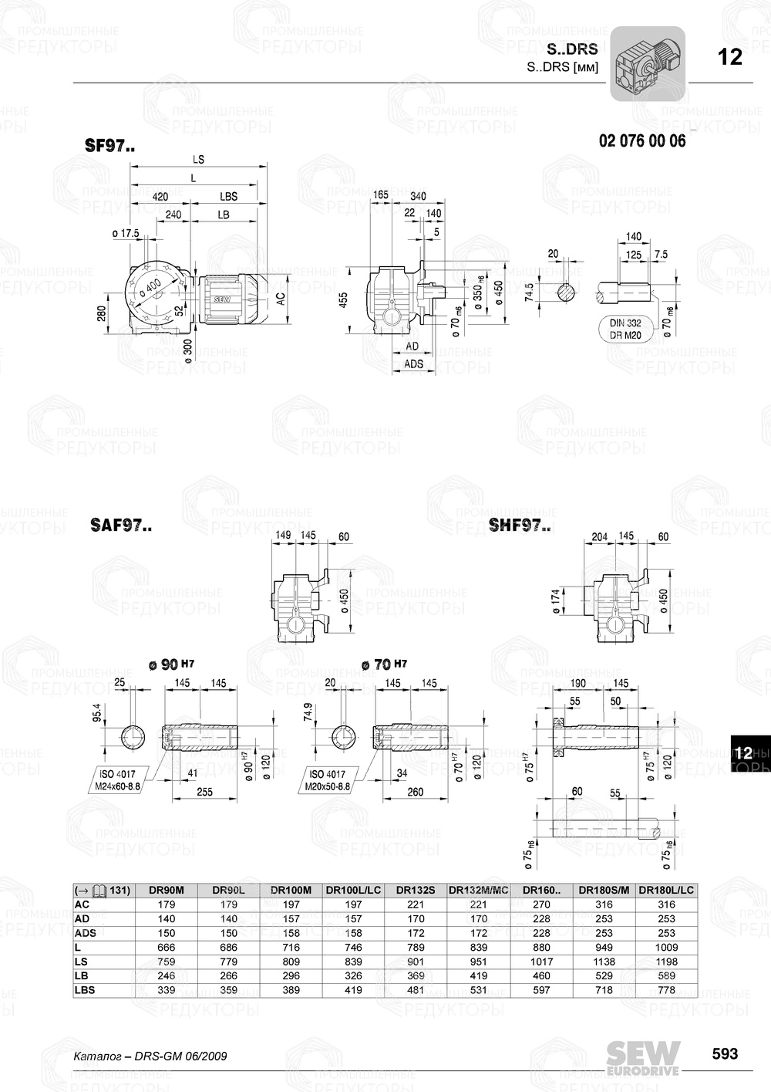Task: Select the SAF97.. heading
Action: point(120,526)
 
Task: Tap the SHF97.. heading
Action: point(520,526)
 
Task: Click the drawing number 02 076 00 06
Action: point(641,141)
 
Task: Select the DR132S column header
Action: point(416,890)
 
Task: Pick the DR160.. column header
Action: point(542,890)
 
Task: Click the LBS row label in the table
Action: point(85,990)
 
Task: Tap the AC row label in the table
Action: point(82,904)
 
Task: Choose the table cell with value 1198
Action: point(666,962)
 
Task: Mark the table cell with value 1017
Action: point(542,962)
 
